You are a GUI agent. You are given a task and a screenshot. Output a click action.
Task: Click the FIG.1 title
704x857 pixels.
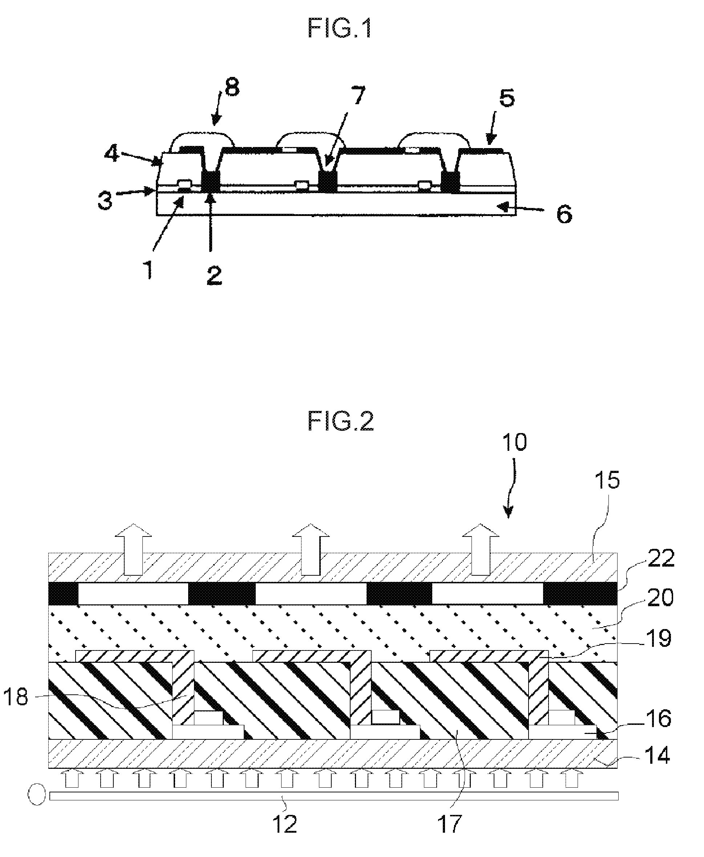coord(340,29)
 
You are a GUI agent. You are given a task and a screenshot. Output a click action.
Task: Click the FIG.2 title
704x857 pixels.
coord(340,421)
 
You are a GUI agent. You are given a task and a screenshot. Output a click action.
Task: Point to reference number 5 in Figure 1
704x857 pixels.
coord(506,98)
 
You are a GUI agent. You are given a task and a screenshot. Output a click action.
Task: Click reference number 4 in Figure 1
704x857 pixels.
coord(111,154)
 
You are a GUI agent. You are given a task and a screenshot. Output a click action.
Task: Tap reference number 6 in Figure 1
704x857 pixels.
coord(564,213)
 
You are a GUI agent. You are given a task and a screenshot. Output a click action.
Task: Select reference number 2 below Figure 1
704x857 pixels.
coord(214,276)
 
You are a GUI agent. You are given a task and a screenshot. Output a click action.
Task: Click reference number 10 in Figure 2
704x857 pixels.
coord(515,442)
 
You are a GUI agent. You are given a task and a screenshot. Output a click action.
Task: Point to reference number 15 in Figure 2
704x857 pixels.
coord(607,480)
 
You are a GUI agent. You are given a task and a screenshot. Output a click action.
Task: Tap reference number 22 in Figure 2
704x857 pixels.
coord(661,558)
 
